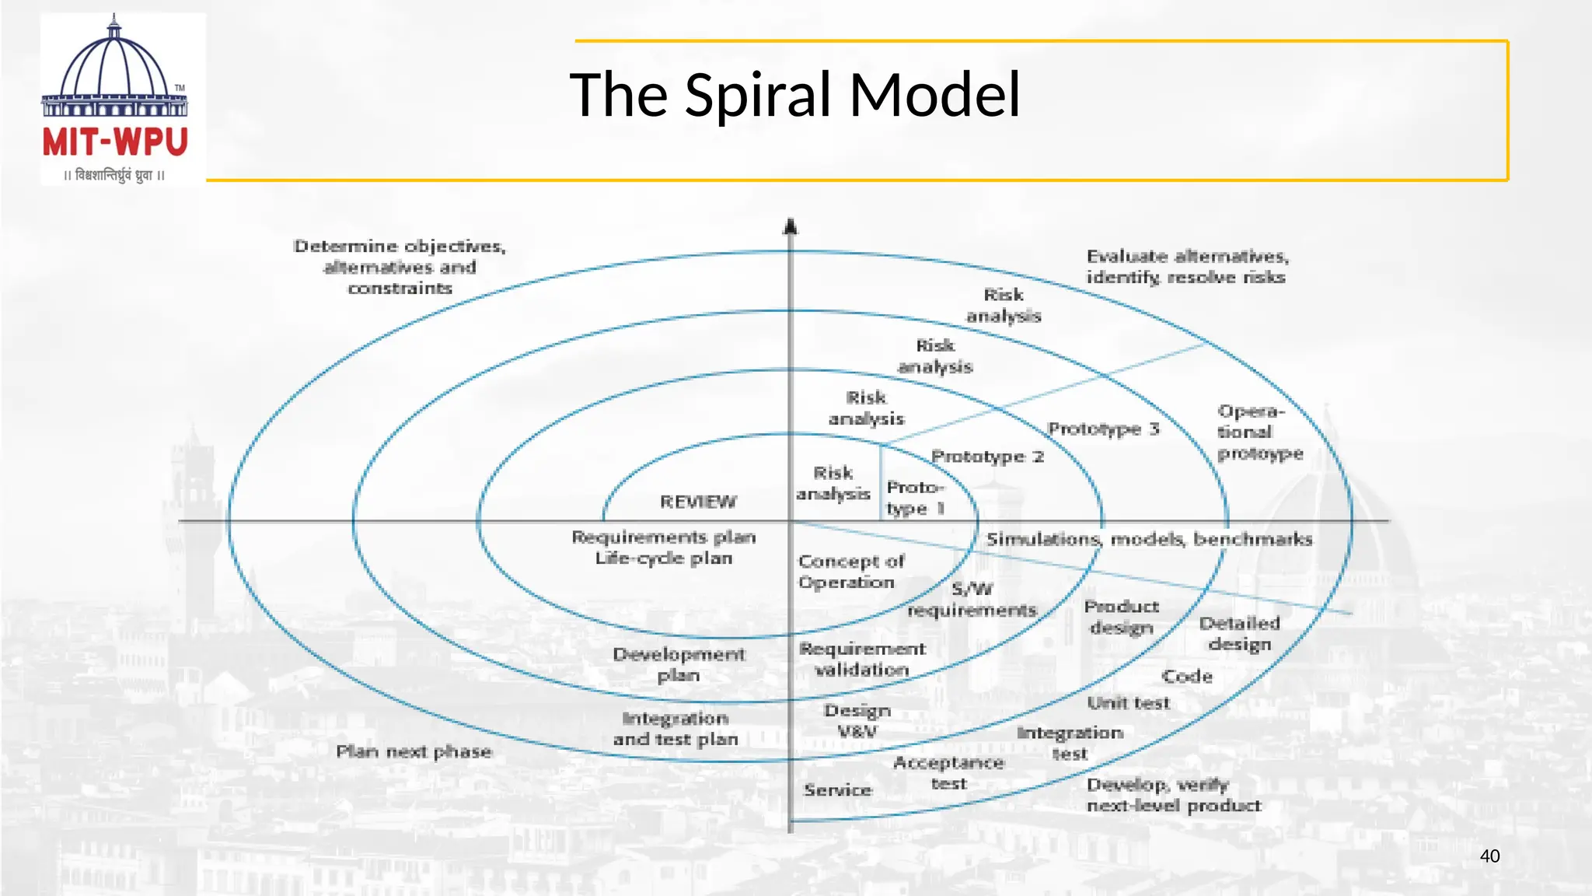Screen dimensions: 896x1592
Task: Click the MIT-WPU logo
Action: pos(115,100)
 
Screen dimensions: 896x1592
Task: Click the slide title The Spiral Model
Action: pos(794,95)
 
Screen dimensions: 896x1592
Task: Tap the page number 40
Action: pos(1489,856)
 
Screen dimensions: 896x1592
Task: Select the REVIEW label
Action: pos(698,502)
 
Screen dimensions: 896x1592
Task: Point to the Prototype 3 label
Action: pos(1103,429)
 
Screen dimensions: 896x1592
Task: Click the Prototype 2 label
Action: pos(987,457)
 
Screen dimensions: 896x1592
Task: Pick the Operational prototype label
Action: pos(1259,432)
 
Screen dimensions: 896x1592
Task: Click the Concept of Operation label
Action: pos(850,572)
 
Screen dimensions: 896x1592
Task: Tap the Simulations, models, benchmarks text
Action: pos(1149,539)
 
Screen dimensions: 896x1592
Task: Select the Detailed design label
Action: pos(1239,634)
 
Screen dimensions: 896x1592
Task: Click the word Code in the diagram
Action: pos(1187,677)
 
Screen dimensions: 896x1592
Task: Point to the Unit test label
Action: pos(1128,703)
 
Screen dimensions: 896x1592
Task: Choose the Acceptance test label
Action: pos(948,773)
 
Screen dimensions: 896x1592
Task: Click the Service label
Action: pos(838,790)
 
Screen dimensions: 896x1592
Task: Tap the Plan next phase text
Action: pos(414,751)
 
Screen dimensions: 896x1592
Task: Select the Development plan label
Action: pos(679,665)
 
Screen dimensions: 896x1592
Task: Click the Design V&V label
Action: pos(857,721)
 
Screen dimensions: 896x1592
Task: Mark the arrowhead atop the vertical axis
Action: pos(791,226)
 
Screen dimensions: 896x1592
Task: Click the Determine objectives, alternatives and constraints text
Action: pos(400,267)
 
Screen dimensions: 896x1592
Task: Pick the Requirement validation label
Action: pos(862,659)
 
